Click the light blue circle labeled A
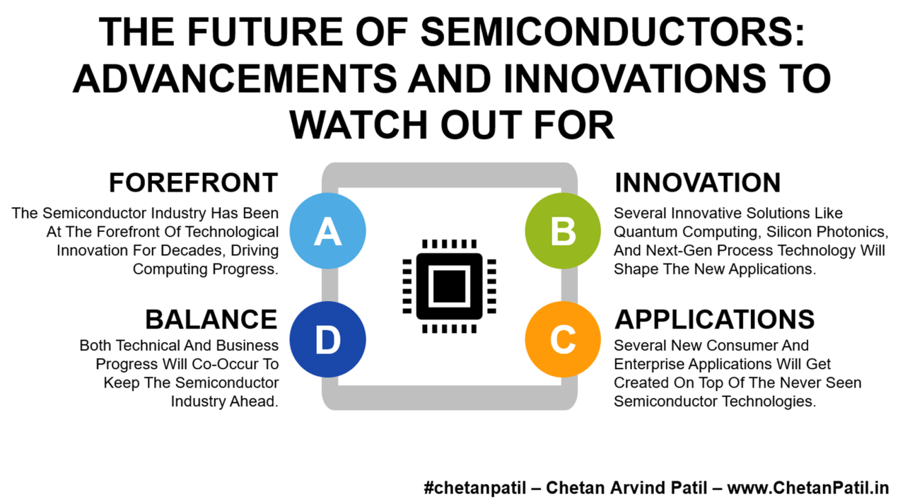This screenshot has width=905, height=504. click(327, 231)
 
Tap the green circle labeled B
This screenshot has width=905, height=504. click(563, 231)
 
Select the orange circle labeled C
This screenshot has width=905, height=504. click(563, 339)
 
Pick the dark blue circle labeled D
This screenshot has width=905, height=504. click(327, 339)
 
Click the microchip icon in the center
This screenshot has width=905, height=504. click(449, 286)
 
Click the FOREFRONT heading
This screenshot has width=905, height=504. click(193, 183)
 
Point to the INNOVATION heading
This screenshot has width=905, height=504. click(697, 183)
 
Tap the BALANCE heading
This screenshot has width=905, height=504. click(211, 320)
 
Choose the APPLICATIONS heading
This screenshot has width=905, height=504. click(714, 320)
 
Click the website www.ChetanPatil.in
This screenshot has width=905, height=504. click(807, 488)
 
